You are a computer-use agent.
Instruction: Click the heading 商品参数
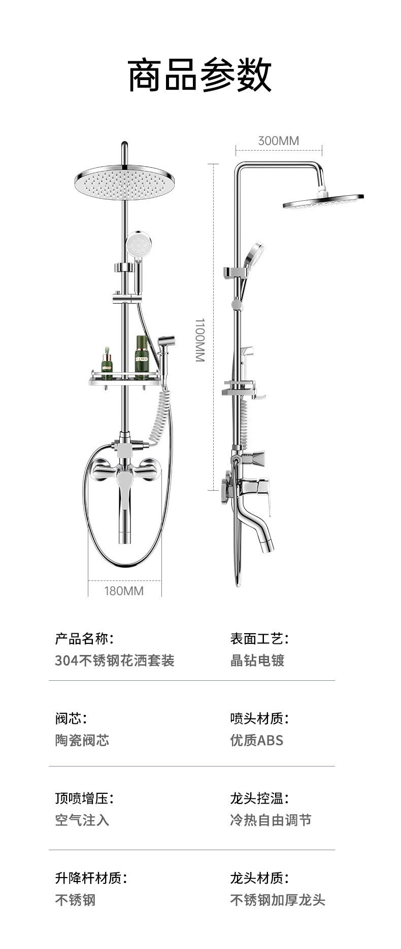[x=200, y=75]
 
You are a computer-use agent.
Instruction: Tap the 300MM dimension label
[x=278, y=140]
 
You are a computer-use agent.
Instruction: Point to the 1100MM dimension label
[x=200, y=340]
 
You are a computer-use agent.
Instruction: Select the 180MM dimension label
[x=124, y=591]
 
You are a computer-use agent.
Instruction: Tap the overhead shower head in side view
[x=323, y=201]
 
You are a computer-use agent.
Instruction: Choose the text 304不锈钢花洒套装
[x=115, y=661]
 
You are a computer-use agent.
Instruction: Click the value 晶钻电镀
[x=257, y=661]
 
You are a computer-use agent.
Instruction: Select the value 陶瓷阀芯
[x=82, y=740]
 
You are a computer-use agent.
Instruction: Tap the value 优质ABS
[x=256, y=740]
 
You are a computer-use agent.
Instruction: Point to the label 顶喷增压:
[x=84, y=798]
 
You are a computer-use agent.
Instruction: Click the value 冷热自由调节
[x=271, y=820]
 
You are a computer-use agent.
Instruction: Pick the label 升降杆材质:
[x=91, y=878]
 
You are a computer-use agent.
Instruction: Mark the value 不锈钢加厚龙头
[x=278, y=900]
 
